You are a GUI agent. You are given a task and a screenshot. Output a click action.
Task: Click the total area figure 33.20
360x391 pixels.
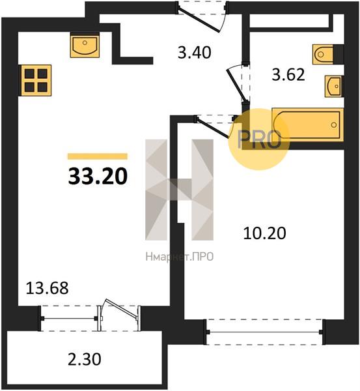(x=98, y=177)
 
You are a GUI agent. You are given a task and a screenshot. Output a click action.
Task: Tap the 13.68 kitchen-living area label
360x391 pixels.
(x=47, y=288)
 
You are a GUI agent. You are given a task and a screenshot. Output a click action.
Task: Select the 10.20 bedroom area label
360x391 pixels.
(x=264, y=233)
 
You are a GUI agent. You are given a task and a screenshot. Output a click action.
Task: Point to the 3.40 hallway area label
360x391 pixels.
(x=195, y=53)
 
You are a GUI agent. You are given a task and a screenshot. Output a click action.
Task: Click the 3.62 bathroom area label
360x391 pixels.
(x=288, y=74)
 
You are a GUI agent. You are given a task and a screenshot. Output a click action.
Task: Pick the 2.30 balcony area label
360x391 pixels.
(x=85, y=360)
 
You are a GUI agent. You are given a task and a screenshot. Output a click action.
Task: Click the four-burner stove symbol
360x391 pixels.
(x=36, y=80)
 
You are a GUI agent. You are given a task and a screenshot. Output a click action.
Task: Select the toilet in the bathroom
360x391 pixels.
(x=323, y=54)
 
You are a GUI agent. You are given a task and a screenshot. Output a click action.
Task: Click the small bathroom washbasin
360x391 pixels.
(x=333, y=86)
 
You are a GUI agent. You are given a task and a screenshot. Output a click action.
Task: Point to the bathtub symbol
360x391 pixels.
(x=308, y=125)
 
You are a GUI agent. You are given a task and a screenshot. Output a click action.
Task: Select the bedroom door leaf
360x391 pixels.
(x=212, y=128)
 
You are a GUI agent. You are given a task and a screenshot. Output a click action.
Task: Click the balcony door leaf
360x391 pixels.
(x=122, y=308)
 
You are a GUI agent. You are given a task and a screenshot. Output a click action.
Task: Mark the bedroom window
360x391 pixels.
(x=264, y=332)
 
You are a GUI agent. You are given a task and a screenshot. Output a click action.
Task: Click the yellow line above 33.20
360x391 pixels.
(x=98, y=156)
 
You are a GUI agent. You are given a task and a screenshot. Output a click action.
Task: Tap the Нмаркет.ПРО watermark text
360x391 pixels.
(x=180, y=257)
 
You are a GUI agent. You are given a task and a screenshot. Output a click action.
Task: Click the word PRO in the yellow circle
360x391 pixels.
(x=259, y=139)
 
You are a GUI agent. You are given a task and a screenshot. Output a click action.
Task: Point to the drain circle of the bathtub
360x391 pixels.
(x=334, y=124)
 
